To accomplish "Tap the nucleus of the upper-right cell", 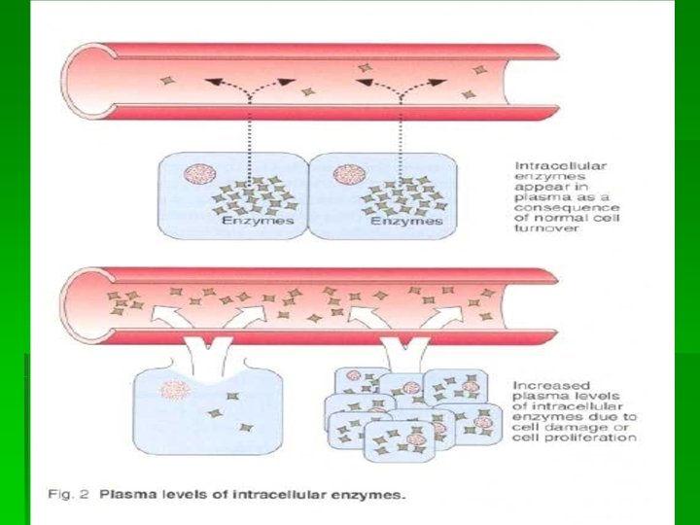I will (347, 176).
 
